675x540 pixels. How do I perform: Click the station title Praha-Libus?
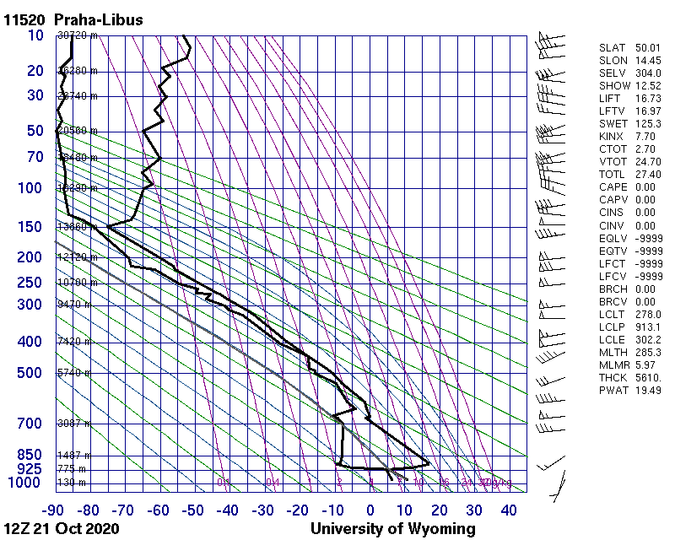pos(98,19)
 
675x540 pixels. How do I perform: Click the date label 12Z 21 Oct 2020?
pos(61,529)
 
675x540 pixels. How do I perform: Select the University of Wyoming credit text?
pos(392,529)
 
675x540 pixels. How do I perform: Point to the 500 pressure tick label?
pos(30,373)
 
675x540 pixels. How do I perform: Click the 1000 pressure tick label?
pos(25,483)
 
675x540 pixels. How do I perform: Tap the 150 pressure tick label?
pos(30,227)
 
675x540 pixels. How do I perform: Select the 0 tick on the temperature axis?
pos(370,510)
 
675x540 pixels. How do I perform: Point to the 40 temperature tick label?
pos(509,510)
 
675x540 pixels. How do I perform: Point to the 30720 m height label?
pos(78,35)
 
